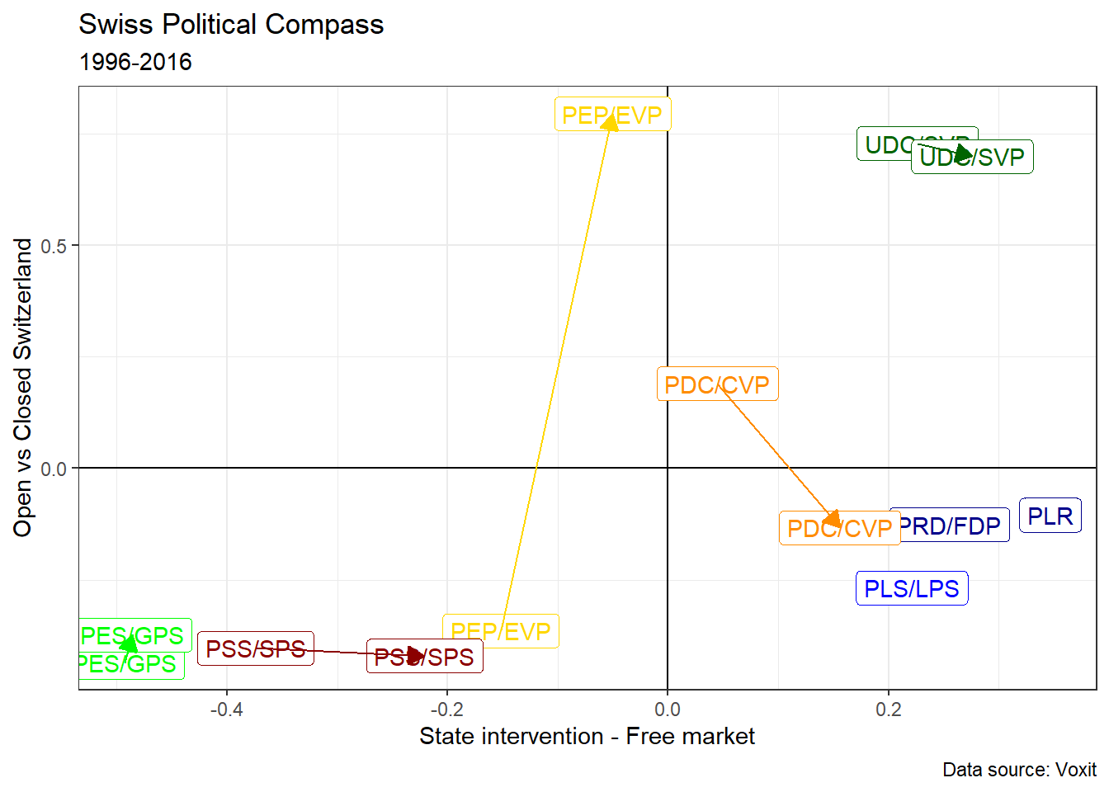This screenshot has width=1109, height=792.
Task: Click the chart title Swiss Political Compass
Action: [x=231, y=25]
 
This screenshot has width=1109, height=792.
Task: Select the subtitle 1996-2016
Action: [x=135, y=62]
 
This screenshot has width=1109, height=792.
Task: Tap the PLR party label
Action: [x=1050, y=516]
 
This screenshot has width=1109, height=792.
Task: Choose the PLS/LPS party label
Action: [x=911, y=588]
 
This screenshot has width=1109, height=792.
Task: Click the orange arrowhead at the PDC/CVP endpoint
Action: [x=833, y=519]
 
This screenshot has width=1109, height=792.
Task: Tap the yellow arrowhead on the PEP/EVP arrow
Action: [x=610, y=123]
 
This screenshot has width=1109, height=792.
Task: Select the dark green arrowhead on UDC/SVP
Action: [x=963, y=153]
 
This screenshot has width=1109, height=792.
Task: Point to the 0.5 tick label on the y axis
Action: [x=54, y=246]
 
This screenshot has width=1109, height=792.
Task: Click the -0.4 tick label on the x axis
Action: [x=226, y=709]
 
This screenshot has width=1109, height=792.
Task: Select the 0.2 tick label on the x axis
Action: [x=888, y=709]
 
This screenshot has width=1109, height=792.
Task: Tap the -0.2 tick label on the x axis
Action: [x=446, y=709]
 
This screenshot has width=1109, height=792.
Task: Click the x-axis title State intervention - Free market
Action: [x=587, y=736]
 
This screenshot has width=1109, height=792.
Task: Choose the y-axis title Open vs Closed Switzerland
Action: [x=23, y=388]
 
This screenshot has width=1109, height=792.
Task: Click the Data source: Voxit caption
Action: [x=1019, y=770]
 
